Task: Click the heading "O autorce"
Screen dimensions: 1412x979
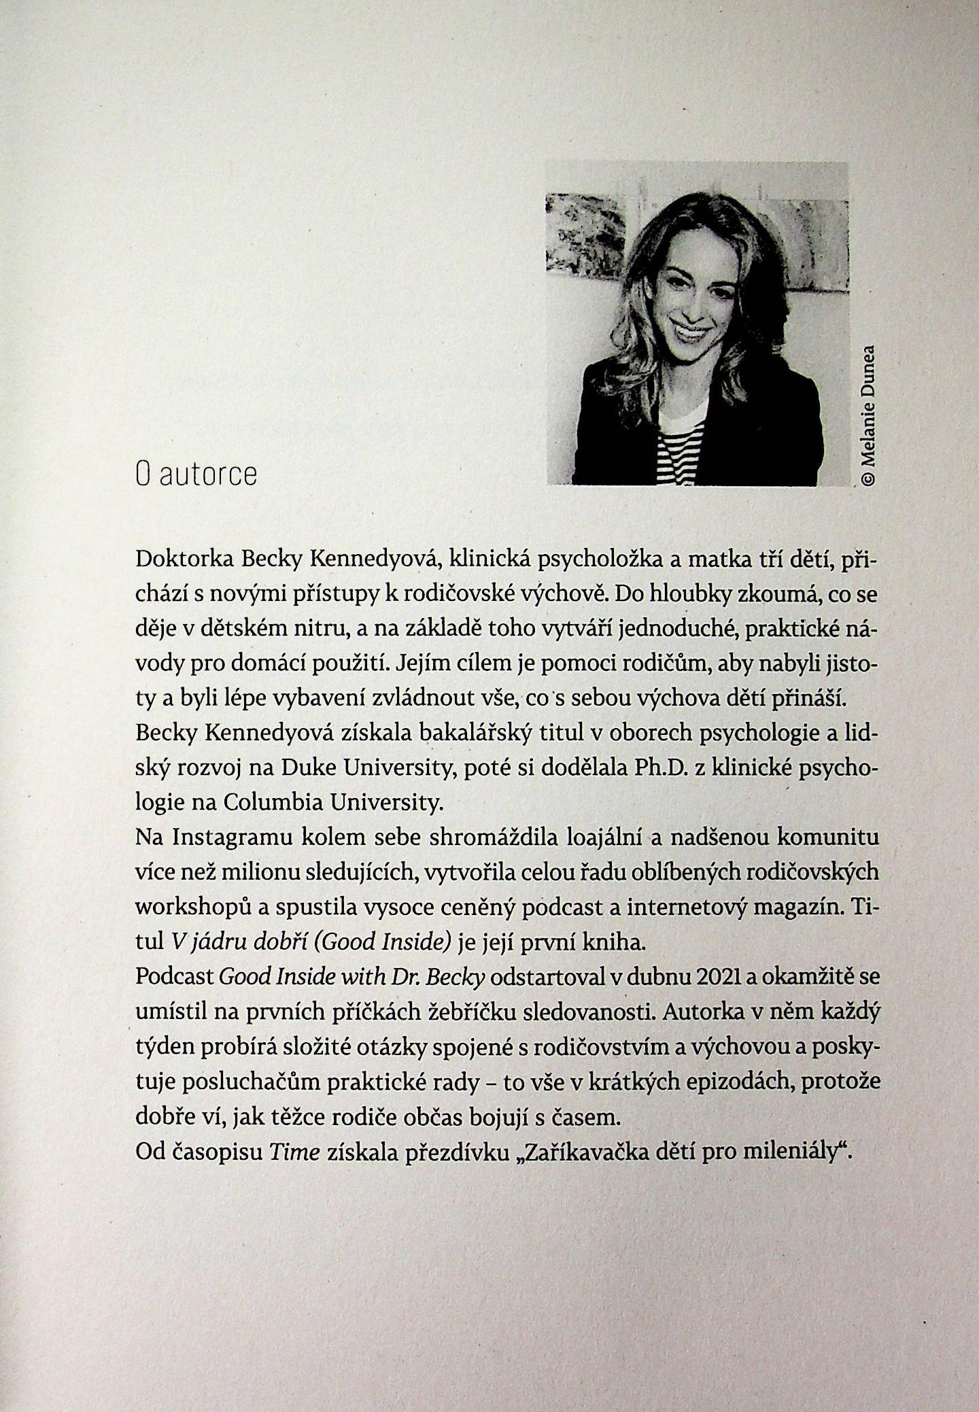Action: (196, 474)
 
